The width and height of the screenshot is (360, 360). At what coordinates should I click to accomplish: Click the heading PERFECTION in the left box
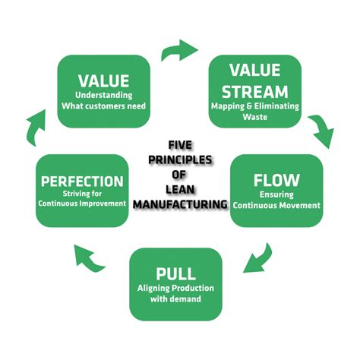(x=83, y=182)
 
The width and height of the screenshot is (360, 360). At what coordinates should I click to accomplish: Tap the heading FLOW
(x=276, y=182)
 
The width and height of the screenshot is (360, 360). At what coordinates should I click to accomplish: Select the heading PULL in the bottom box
(x=175, y=274)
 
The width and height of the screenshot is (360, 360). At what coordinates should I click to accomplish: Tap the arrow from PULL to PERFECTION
(x=92, y=261)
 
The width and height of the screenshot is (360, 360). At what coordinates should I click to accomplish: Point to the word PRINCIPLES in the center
(x=179, y=162)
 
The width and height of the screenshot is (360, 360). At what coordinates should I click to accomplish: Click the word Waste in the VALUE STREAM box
(x=255, y=117)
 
